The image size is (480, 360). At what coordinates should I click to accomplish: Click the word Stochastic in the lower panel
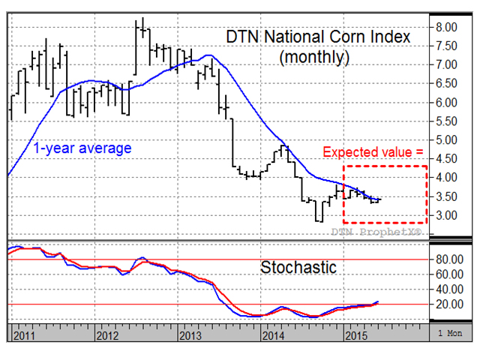pyautogui.click(x=298, y=267)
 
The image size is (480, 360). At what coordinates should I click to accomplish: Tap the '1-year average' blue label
pyautogui.click(x=82, y=148)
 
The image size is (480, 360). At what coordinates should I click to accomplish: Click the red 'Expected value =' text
pyautogui.click(x=373, y=152)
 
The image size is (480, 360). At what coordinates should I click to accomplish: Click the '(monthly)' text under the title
pyautogui.click(x=314, y=56)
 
